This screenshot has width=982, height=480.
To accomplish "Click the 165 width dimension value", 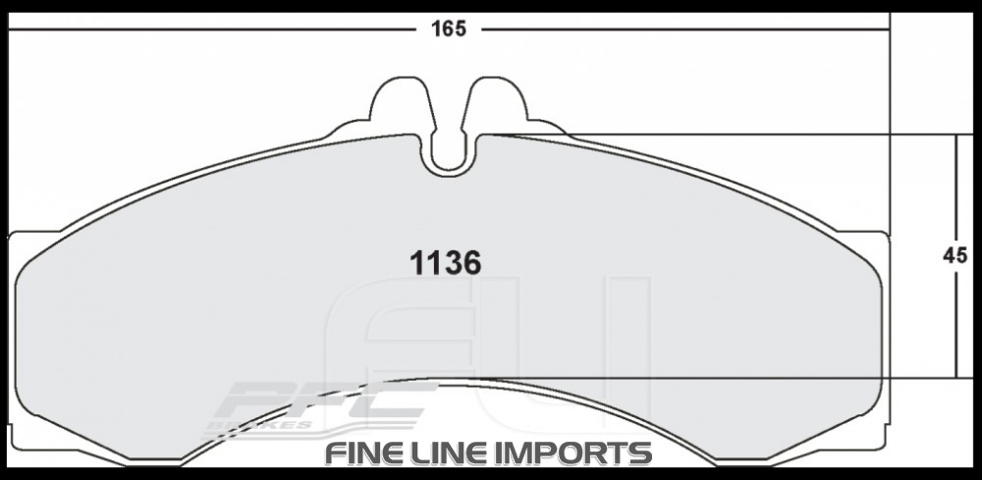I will coord(447,28).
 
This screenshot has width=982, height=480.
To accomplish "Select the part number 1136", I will coord(444,263).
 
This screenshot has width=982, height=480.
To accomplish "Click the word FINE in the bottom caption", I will coord(365,454).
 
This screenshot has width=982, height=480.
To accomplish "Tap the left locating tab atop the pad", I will coord(398,103).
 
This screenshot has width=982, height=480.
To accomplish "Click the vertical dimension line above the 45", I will coord(956,187).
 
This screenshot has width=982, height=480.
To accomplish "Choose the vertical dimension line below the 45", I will coord(956,324).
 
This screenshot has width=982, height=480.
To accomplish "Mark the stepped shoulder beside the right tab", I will coord(545,128).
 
